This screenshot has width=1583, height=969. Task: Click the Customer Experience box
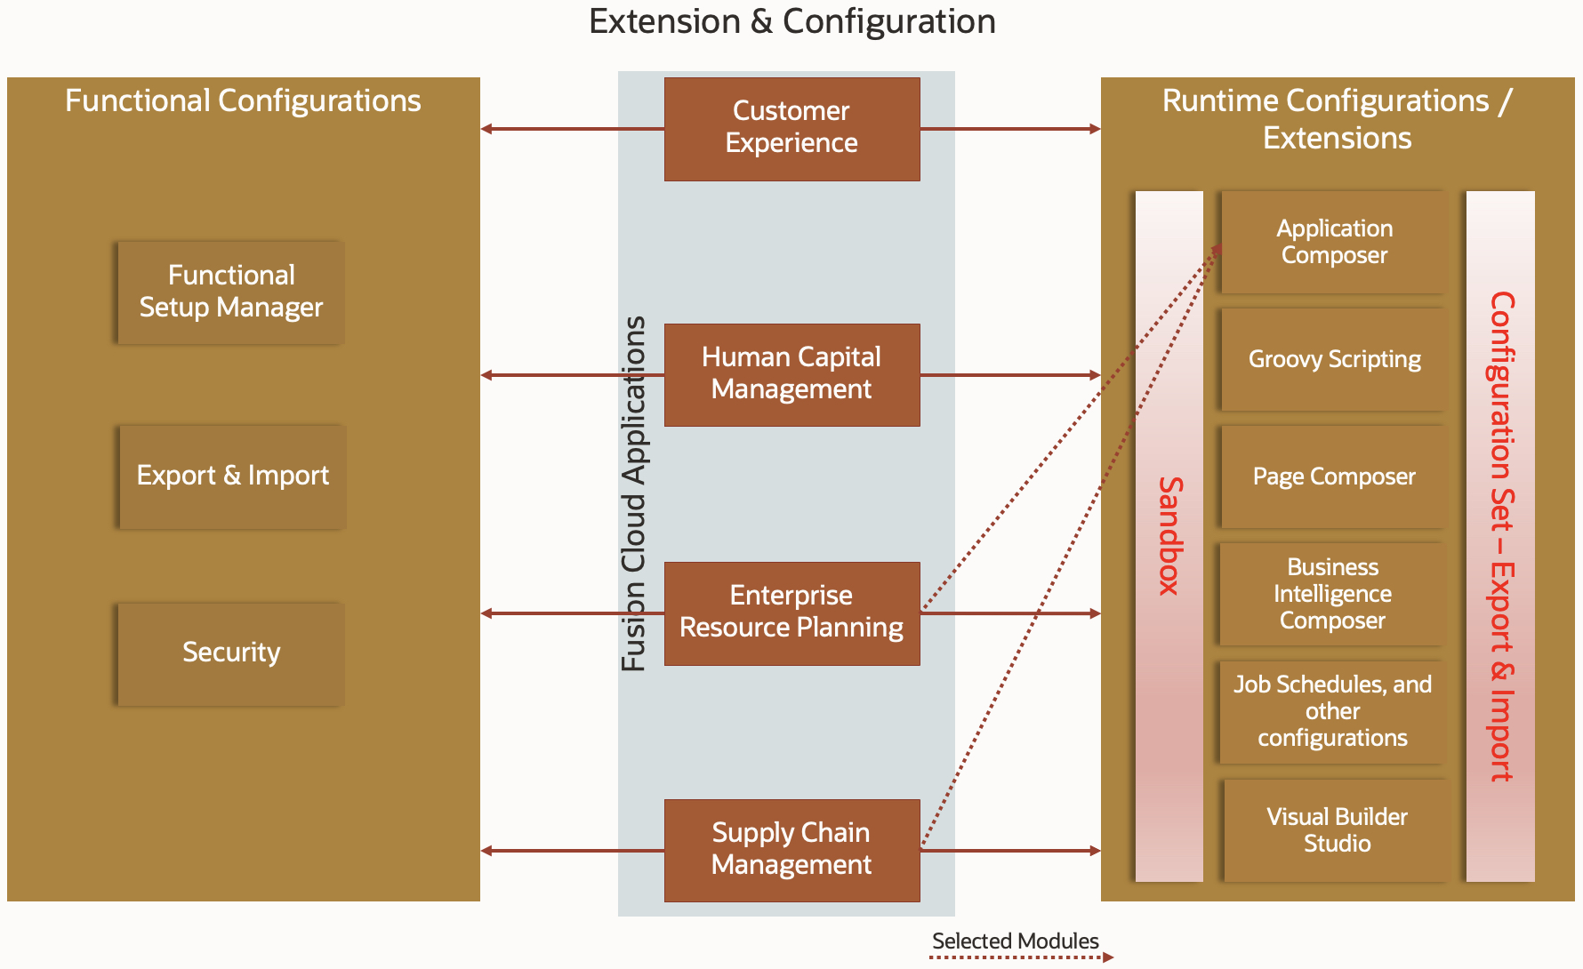(791, 129)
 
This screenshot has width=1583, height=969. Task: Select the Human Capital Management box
(791, 374)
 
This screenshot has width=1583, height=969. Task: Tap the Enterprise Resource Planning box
(791, 613)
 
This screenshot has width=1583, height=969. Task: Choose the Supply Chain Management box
(791, 850)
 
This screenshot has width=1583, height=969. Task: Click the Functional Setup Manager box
(231, 292)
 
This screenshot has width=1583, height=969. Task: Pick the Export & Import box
(232, 476)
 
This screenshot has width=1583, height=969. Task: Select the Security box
(231, 653)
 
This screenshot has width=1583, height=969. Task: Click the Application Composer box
(1334, 242)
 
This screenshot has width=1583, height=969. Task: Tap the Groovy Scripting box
(1334, 359)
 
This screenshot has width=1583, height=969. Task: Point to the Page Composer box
(1334, 476)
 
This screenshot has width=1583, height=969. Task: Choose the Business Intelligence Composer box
(1332, 594)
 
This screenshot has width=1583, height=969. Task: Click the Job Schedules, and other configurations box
(1332, 711)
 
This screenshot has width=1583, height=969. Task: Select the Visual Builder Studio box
(1337, 830)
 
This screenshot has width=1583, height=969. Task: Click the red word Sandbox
(1169, 535)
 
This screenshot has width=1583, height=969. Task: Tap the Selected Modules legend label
(1015, 941)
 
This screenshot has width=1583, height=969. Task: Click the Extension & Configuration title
(791, 21)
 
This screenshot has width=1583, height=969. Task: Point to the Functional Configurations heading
(243, 100)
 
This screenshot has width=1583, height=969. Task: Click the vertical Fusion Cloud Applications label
(633, 493)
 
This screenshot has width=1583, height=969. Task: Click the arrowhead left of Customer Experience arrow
(486, 129)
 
